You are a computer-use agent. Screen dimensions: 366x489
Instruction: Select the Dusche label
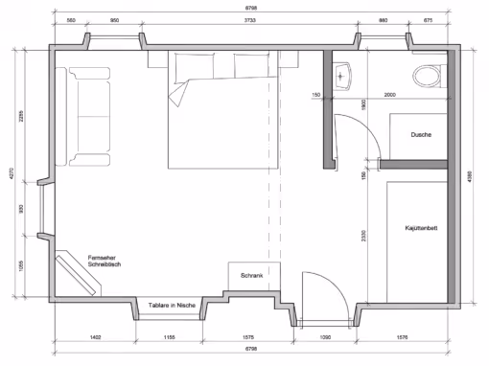point(419,135)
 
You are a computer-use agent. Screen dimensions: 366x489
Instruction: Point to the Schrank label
point(252,275)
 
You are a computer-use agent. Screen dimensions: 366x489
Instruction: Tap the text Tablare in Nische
point(173,305)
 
